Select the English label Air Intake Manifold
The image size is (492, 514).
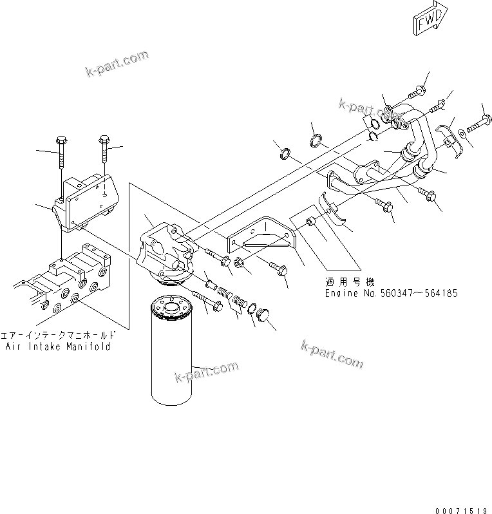coord(58,347)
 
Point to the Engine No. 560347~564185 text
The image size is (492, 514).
coord(391,293)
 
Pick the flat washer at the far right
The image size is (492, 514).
coord(462,135)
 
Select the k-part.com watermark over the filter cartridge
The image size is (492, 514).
coord(206,372)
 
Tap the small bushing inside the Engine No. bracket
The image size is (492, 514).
coord(311,222)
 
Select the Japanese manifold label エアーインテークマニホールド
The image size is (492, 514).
coord(59,336)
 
